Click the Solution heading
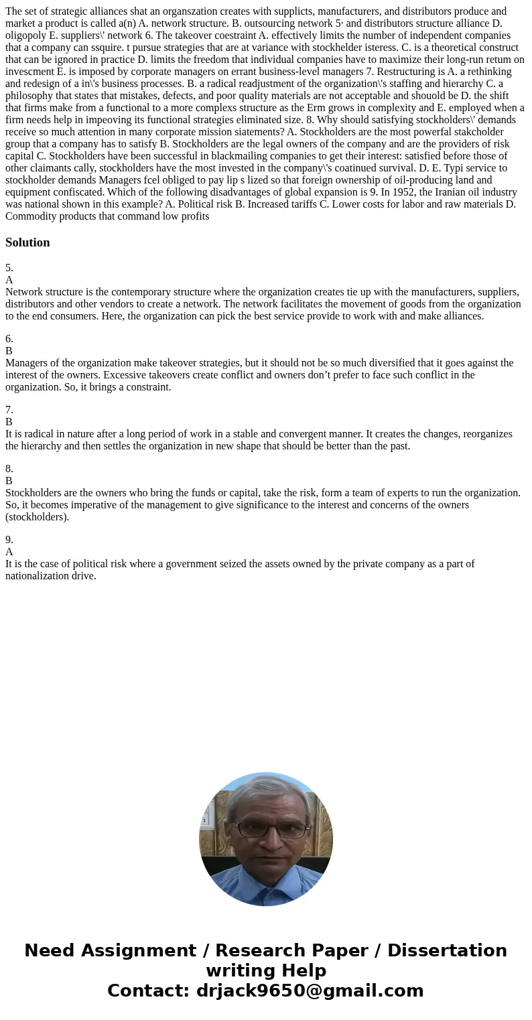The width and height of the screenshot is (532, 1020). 27,242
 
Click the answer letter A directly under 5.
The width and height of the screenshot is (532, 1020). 9,280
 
